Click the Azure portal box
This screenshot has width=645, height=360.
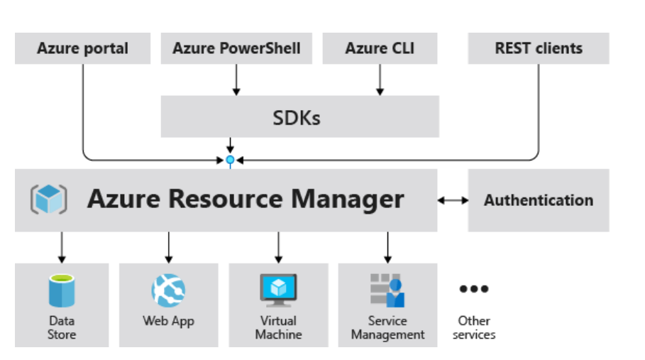click(82, 49)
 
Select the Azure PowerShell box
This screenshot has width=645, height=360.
click(236, 49)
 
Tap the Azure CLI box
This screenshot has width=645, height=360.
click(380, 49)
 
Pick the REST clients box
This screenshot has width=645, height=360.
click(538, 49)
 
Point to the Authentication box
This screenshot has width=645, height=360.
click(538, 200)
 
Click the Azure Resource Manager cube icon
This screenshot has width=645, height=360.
click(48, 199)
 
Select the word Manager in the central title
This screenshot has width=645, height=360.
click(353, 200)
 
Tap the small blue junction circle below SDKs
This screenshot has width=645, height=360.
click(230, 160)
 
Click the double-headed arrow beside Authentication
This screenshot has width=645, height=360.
click(453, 200)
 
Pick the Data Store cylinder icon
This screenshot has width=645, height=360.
click(62, 290)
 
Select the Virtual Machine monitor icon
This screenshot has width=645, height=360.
click(278, 290)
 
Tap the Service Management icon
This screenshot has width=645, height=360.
click(387, 290)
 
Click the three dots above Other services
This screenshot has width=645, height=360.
click(474, 289)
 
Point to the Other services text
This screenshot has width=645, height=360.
click(474, 328)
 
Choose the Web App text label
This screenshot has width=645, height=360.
click(168, 321)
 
